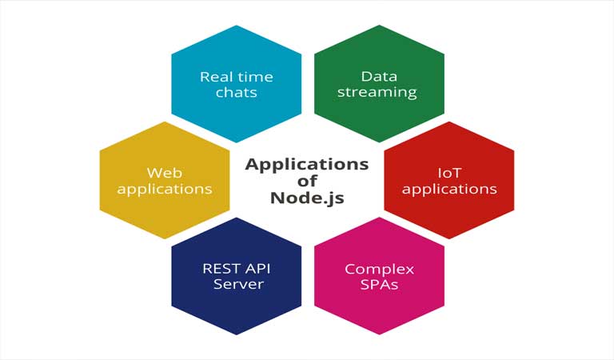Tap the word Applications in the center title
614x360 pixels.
[x=307, y=164]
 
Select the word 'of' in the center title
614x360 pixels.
[x=307, y=181]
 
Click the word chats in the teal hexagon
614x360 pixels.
[x=236, y=92]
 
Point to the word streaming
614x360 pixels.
[x=377, y=92]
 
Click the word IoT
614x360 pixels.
[x=449, y=172]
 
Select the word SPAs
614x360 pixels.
[x=379, y=284]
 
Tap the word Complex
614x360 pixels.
[x=379, y=269]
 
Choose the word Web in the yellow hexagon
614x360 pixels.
[x=165, y=172]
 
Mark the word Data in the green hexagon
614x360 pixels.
[x=379, y=77]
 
